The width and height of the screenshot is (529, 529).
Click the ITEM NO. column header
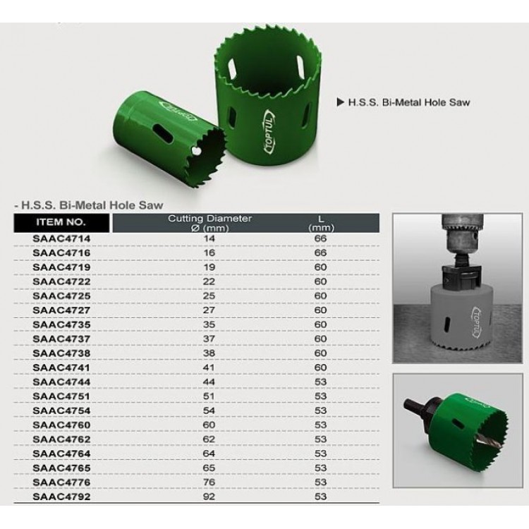pos(61,222)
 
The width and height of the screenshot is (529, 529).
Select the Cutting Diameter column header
pos(210,223)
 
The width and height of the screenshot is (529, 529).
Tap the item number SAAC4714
pos(61,238)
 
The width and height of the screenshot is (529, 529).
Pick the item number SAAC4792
pos(61,497)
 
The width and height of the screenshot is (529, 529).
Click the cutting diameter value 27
pos(209,310)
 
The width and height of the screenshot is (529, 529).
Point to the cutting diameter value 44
pos(209,382)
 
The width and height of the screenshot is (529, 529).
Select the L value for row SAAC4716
pos(320,253)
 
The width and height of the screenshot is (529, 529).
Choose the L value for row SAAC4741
pos(320,367)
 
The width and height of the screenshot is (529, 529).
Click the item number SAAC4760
pos(61,425)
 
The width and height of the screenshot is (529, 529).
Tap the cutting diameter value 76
pos(209,482)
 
